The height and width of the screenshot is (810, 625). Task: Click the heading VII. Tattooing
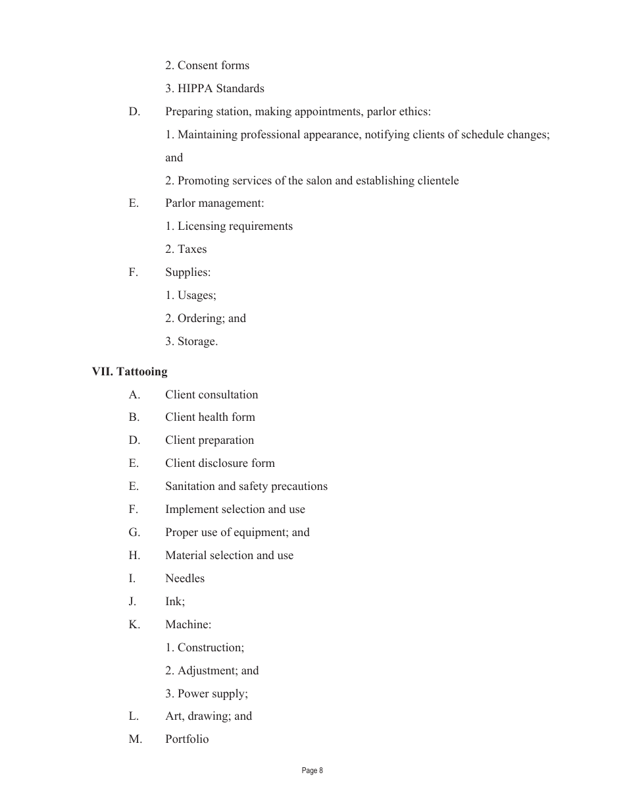pyautogui.click(x=130, y=371)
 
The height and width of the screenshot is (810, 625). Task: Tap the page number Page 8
pyautogui.click(x=312, y=770)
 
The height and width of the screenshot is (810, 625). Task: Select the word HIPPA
pyautogui.click(x=195, y=88)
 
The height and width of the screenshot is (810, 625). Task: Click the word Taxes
pyautogui.click(x=192, y=249)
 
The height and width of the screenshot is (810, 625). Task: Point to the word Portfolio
pyautogui.click(x=187, y=739)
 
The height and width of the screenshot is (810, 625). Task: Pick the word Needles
pyautogui.click(x=185, y=578)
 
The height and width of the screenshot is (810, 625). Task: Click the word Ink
pyautogui.click(x=174, y=601)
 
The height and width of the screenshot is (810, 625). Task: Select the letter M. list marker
pyautogui.click(x=136, y=739)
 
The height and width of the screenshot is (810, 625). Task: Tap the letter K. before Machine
pyautogui.click(x=134, y=624)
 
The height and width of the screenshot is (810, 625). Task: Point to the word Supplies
pyautogui.click(x=187, y=272)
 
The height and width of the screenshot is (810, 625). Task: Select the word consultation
pyautogui.click(x=228, y=394)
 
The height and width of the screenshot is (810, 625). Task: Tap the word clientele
pyautogui.click(x=438, y=180)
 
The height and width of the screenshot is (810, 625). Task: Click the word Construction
pyautogui.click(x=210, y=647)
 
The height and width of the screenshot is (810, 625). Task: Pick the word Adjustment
pyautogui.click(x=207, y=670)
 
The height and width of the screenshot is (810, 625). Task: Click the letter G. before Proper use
pyautogui.click(x=134, y=532)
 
